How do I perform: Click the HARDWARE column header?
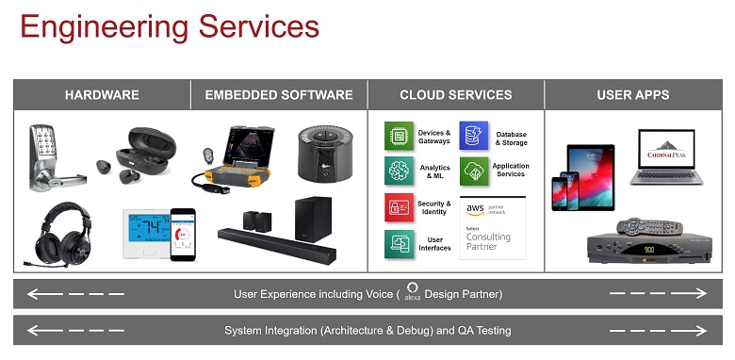click(102, 95)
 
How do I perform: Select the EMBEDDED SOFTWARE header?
click(279, 95)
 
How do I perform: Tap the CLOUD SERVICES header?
click(455, 95)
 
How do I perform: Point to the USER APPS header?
click(633, 95)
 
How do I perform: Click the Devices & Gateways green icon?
click(399, 136)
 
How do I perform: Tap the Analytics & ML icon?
click(399, 172)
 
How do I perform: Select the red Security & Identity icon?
click(399, 207)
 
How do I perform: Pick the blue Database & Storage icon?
click(474, 136)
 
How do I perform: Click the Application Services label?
click(511, 171)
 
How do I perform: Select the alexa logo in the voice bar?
click(412, 292)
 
